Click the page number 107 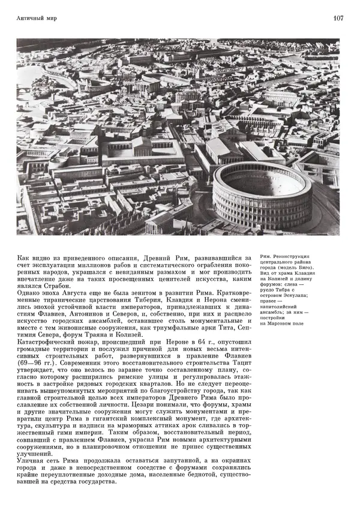click(x=338, y=19)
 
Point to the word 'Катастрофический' click(x=46, y=345)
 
